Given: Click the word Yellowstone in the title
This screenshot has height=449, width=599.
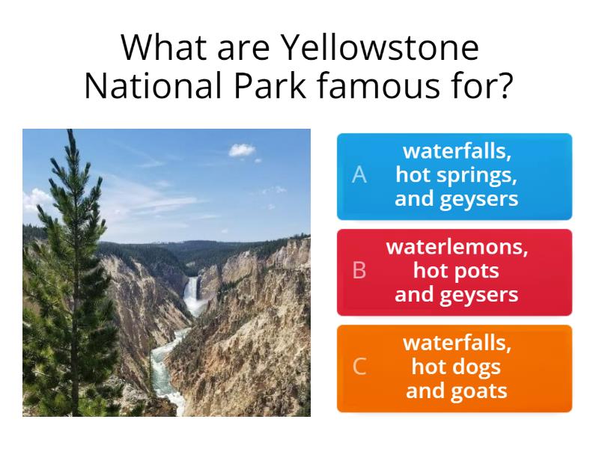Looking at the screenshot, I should (x=380, y=48).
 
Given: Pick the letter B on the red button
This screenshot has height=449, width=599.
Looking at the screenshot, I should (x=359, y=270).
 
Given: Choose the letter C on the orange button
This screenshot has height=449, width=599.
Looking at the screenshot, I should (x=359, y=366).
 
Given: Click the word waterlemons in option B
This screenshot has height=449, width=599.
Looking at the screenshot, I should (x=457, y=247).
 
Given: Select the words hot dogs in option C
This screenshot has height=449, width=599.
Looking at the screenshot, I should (x=456, y=367).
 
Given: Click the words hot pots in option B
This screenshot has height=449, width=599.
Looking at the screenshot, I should (x=456, y=270).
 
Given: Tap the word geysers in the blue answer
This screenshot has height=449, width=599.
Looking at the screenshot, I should (x=481, y=198).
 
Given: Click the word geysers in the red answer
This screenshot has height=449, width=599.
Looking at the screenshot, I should (x=481, y=294).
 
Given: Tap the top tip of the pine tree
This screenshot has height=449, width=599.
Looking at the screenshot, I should (x=69, y=133).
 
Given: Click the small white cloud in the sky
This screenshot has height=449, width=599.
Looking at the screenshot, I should (x=242, y=150).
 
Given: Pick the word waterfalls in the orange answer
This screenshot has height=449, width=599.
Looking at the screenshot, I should (x=457, y=343).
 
